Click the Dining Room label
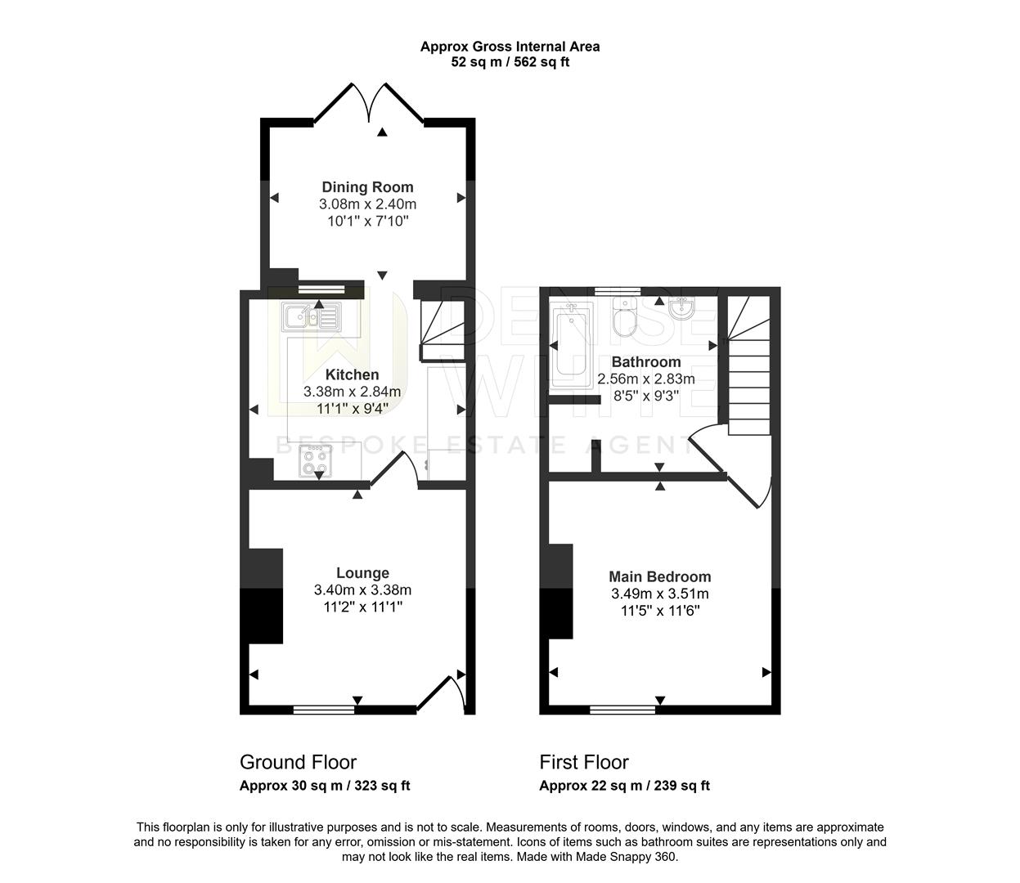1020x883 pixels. click(x=367, y=187)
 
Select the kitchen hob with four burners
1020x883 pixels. click(x=317, y=462)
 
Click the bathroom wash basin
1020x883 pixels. click(x=681, y=308)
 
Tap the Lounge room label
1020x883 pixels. click(x=362, y=573)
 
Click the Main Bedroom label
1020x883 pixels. click(x=660, y=576)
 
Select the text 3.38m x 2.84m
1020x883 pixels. click(x=352, y=392)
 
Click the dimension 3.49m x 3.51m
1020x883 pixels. click(x=660, y=594)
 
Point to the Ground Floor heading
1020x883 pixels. click(x=298, y=762)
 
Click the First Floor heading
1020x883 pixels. click(x=584, y=762)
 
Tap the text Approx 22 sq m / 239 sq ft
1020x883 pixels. click(x=624, y=786)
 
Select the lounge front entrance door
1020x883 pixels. click(x=443, y=694)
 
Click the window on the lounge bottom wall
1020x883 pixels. click(x=325, y=710)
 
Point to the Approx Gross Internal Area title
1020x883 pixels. click(x=510, y=47)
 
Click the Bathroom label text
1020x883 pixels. click(x=646, y=362)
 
